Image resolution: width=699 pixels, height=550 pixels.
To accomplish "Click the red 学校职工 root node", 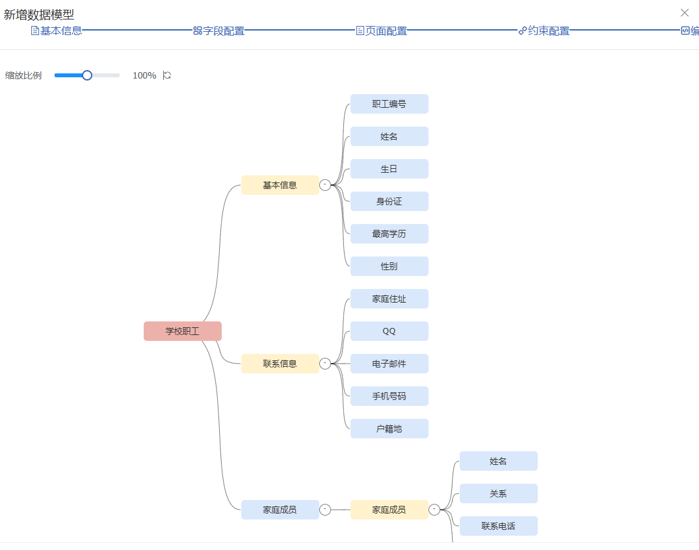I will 182,331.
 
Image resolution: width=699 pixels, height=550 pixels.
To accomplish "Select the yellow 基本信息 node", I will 280,185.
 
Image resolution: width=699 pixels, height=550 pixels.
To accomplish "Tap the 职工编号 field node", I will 389,104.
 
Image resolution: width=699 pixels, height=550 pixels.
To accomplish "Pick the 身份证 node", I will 389,201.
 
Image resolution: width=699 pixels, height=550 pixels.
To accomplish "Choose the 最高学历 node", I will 389,234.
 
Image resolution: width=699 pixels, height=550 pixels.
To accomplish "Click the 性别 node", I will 389,266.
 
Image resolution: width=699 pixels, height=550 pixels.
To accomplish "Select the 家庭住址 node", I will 389,299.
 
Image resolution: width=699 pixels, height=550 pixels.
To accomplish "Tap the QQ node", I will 389,331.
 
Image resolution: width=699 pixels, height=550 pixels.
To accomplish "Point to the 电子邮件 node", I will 389,364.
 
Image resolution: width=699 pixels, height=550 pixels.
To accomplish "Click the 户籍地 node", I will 389,429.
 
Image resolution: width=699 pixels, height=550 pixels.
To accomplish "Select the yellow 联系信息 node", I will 280,364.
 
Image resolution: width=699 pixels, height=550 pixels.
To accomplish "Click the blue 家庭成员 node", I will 280,510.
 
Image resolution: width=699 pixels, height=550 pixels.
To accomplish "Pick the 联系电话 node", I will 498,526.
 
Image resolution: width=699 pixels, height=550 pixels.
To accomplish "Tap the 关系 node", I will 498,494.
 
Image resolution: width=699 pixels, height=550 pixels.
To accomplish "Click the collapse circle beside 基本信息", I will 325,185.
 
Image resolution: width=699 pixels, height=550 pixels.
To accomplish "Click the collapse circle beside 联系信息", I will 325,364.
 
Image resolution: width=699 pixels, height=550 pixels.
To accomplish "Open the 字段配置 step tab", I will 219,31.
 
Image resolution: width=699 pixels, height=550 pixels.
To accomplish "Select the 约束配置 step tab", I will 544,31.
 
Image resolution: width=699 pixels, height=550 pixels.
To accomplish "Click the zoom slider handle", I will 87,75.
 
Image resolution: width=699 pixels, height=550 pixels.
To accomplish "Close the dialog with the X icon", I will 685,12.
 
